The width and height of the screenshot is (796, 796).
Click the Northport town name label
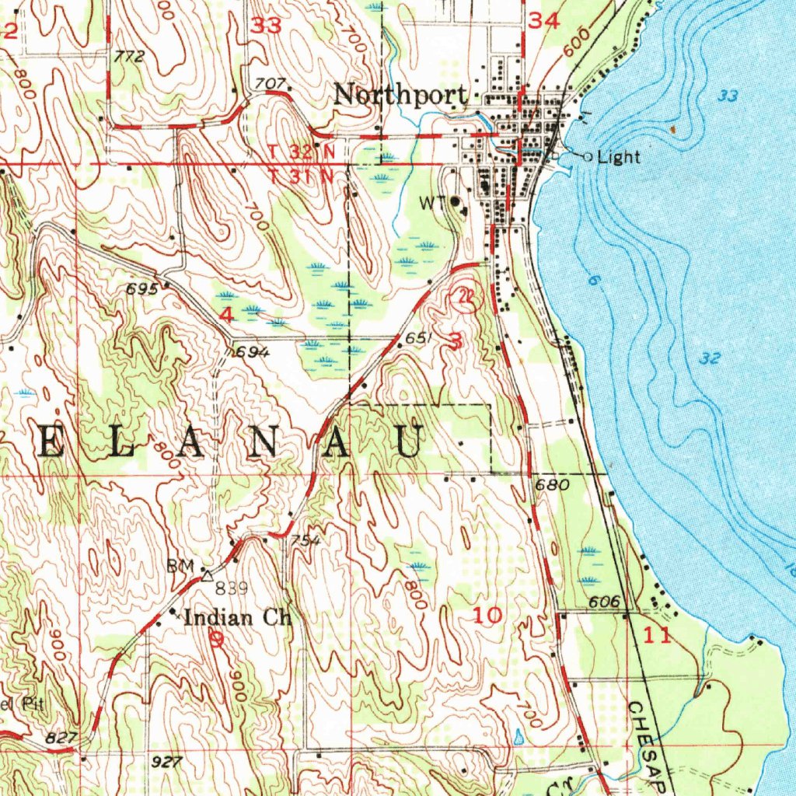(400, 95)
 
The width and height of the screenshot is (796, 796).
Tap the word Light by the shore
(619, 157)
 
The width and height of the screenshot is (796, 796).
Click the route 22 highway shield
(466, 296)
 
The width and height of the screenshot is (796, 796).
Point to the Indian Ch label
(236, 618)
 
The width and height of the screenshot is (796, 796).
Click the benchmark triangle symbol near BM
(207, 576)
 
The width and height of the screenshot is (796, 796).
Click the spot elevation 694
(253, 352)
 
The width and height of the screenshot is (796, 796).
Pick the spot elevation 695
(141, 289)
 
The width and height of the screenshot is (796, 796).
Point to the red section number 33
(266, 26)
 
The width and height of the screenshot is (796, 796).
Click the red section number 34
(543, 23)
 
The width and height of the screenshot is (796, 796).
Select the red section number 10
(488, 616)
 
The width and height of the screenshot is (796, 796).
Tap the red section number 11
(657, 636)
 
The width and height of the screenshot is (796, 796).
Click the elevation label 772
(129, 56)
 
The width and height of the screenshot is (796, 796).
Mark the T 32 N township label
(302, 151)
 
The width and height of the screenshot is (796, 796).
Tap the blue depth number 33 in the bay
(728, 96)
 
